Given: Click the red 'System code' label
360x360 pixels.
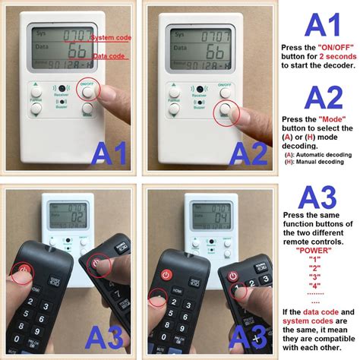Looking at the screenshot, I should (114, 36).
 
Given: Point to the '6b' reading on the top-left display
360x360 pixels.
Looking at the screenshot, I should (76, 52).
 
